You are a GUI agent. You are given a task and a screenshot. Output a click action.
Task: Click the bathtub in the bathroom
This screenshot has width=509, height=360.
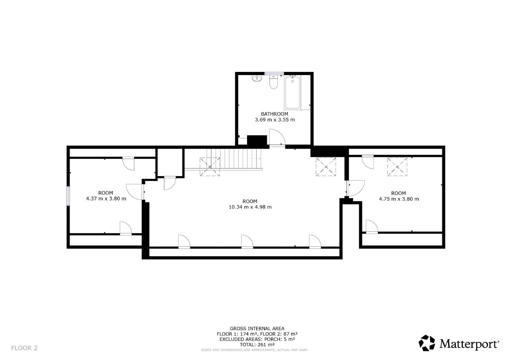(292, 92)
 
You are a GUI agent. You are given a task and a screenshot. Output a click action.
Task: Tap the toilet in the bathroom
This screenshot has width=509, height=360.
(274, 82)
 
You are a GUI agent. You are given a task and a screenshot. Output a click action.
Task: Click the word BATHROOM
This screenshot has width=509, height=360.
(275, 114)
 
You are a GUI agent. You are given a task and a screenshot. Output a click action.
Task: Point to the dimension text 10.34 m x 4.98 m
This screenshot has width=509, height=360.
(250, 207)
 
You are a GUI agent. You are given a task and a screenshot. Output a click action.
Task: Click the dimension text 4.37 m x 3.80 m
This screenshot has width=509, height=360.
(106, 199)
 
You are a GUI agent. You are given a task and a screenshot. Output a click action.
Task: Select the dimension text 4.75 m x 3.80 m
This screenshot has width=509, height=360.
(399, 199)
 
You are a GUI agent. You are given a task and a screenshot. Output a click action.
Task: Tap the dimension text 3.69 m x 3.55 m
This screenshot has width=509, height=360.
(275, 120)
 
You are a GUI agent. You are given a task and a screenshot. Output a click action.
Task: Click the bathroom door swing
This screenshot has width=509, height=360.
(277, 137)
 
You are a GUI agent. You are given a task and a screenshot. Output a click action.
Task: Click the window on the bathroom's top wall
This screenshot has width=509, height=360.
(274, 74)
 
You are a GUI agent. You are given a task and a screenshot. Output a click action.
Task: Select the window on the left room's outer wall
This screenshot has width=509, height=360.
(68, 196)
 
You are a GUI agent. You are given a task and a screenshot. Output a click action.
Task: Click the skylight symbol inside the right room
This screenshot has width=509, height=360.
(397, 167)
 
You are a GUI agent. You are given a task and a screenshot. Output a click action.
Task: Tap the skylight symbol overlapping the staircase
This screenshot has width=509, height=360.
(210, 167)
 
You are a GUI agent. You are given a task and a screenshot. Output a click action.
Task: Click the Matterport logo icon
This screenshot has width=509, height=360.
(427, 343)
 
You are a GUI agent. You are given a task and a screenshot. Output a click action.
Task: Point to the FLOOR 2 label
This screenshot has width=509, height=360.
(24, 348)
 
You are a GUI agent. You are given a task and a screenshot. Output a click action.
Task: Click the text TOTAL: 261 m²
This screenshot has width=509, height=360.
(257, 345)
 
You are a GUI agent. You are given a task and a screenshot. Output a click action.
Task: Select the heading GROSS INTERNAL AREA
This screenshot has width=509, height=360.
(257, 328)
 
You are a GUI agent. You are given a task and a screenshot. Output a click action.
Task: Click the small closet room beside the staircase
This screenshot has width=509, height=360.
(170, 162)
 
